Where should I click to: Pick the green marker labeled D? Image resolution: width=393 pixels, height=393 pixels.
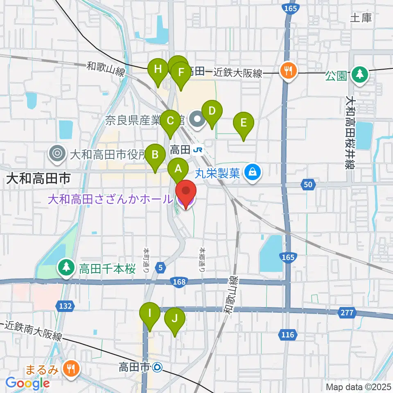(x=212, y=111)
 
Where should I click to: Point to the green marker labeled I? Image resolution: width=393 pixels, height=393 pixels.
(x=150, y=313)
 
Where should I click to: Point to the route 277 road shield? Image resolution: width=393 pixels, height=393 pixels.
(x=346, y=313)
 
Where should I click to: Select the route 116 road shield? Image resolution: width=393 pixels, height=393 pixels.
(x=288, y=335)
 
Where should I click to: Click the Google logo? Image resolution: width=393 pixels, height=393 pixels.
(x=27, y=383)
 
